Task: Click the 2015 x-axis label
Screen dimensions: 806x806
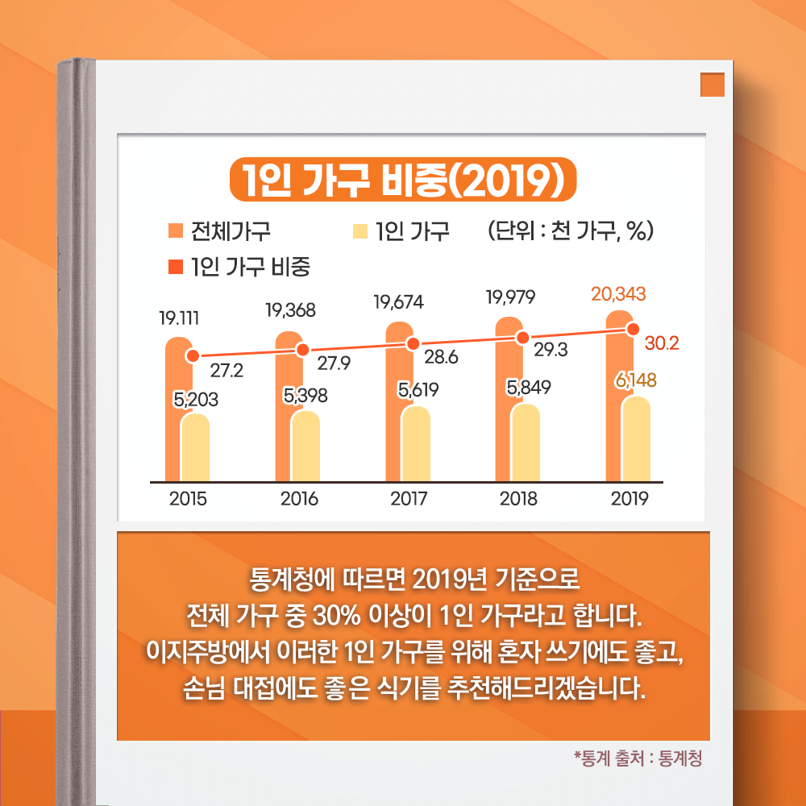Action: (x=188, y=498)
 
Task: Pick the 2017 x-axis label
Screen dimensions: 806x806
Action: (x=409, y=498)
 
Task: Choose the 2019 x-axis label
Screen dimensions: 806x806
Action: (x=629, y=498)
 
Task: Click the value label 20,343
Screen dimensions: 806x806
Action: (x=618, y=294)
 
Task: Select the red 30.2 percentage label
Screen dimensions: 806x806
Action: (x=662, y=343)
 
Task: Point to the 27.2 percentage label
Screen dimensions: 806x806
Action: (x=227, y=370)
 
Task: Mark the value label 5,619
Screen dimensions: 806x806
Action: (x=418, y=390)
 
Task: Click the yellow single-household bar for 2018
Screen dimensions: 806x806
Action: (x=526, y=443)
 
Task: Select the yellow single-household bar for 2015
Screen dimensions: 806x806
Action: (x=194, y=448)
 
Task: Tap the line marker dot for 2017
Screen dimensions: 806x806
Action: (x=413, y=343)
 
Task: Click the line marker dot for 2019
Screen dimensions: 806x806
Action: (x=634, y=329)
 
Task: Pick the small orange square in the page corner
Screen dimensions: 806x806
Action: (x=713, y=85)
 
